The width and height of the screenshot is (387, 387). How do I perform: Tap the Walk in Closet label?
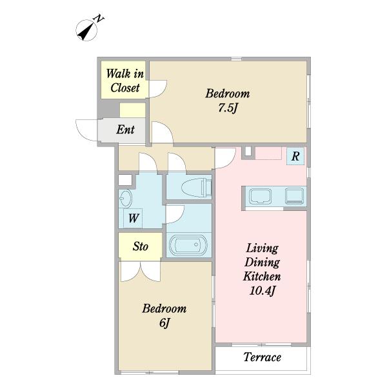[x=125, y=81]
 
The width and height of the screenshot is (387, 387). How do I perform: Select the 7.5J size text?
[x=228, y=108]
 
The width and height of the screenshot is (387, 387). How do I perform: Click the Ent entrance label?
[x=125, y=130]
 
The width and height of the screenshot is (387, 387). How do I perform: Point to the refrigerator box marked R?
[x=295, y=156]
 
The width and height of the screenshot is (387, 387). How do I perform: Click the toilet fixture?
[x=197, y=187]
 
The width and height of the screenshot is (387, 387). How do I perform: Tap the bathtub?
[x=188, y=245]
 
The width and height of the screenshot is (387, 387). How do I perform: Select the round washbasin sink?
[x=125, y=198]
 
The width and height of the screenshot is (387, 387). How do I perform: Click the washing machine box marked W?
[x=133, y=218]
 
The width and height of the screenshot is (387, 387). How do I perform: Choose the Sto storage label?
[x=141, y=246]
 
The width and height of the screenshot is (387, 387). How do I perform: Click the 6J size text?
[x=164, y=322]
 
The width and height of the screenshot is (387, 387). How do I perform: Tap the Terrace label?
[x=262, y=357]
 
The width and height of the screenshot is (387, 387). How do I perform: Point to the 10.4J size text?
[x=263, y=291]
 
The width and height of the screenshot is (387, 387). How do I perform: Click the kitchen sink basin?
[x=260, y=196]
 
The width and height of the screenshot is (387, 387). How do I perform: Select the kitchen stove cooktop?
[x=295, y=196]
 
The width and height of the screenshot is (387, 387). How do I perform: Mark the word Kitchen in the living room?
[x=262, y=277]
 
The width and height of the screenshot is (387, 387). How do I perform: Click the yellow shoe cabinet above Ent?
[x=132, y=110]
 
